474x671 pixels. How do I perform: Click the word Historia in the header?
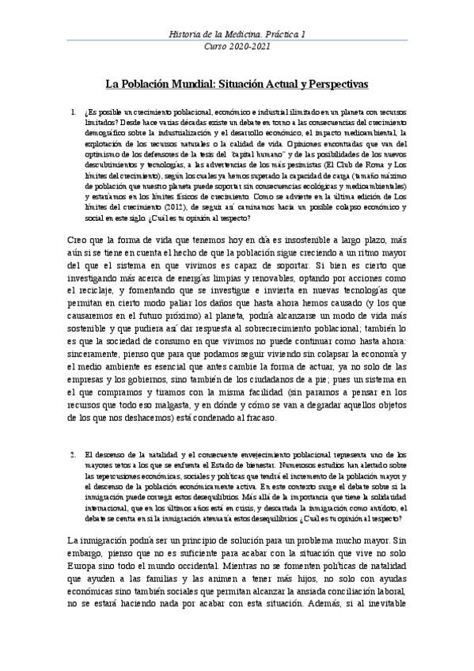click(188, 35)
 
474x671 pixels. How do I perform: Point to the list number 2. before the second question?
click(74, 456)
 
